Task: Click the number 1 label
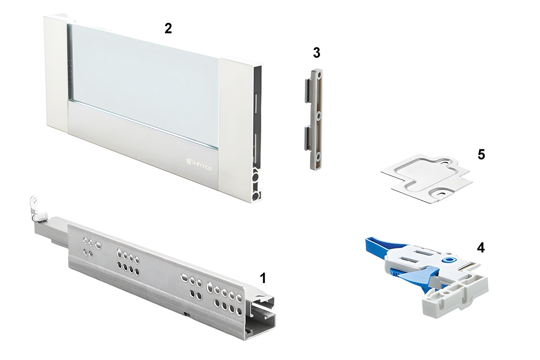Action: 263,278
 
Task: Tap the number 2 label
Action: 168,29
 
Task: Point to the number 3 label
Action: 316,53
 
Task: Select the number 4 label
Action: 481,247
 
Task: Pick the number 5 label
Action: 481,154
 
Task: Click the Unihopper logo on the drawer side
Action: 199,164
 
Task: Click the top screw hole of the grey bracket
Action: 319,76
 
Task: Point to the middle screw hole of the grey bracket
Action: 319,117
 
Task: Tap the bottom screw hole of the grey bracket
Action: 318,157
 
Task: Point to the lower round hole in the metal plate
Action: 443,193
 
